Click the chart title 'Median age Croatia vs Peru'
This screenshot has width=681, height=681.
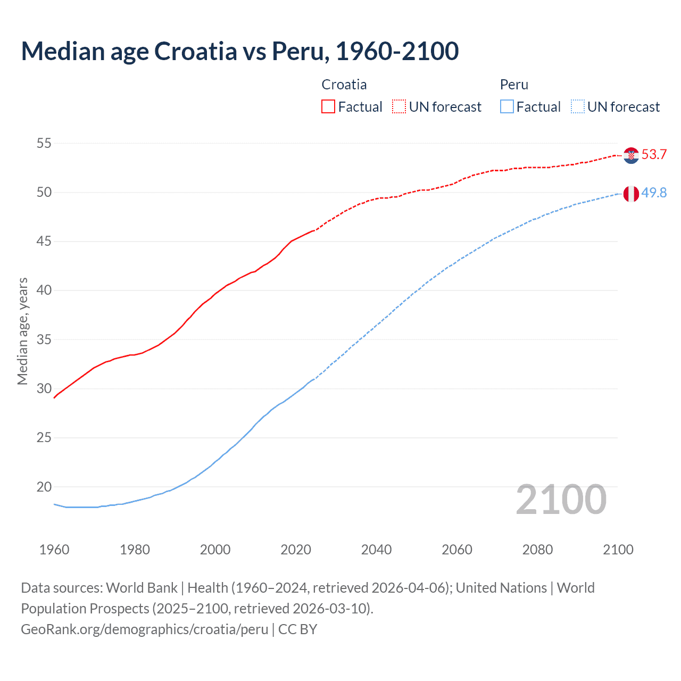239,51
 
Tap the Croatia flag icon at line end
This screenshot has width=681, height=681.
631,155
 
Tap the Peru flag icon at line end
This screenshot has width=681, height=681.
631,194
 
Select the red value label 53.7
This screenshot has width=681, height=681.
654,155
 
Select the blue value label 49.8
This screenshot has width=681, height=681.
654,193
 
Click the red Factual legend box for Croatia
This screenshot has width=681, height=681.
328,106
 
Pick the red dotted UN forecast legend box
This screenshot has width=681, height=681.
399,106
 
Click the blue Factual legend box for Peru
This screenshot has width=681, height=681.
507,106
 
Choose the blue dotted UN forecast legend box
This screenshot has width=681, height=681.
578,106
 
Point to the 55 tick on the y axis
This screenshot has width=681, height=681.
44,143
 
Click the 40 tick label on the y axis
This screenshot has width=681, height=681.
44,290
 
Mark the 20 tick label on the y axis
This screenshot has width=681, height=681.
44,487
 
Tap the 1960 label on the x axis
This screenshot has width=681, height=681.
54,550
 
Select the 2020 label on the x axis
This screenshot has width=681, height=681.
296,550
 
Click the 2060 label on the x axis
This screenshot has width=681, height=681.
457,550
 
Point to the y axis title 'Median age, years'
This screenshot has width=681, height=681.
22,331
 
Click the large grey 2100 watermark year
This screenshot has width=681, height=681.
561,499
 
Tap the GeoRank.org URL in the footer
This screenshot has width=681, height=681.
144,629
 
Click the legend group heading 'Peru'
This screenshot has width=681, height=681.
514,85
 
